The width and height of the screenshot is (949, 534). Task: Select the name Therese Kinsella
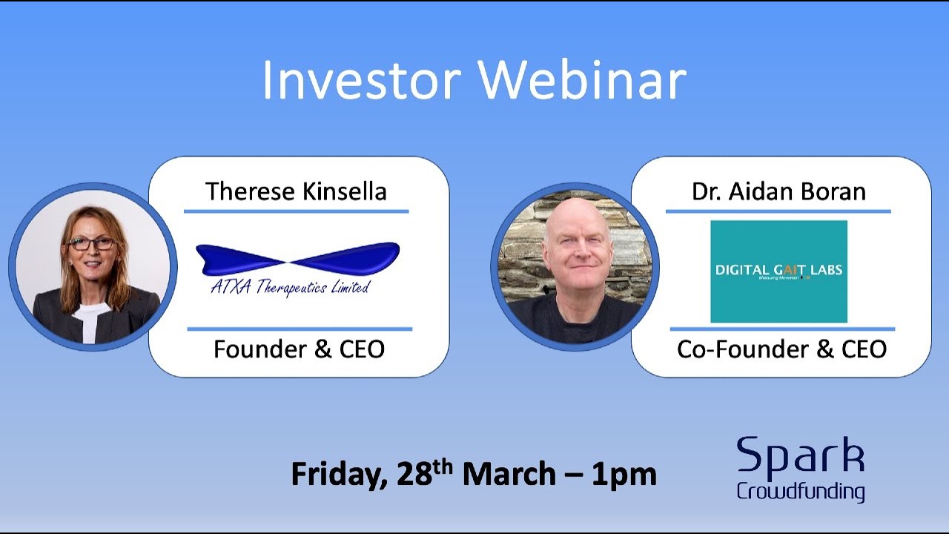tap(296, 191)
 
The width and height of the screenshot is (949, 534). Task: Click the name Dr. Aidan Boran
tap(778, 191)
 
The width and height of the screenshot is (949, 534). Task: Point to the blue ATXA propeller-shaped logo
tap(297, 260)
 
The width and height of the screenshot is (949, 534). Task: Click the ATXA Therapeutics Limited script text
tap(290, 288)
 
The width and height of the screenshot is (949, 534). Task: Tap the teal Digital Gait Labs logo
tap(778, 271)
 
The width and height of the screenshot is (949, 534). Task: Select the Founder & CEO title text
tap(299, 349)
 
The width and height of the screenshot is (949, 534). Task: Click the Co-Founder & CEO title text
tap(781, 349)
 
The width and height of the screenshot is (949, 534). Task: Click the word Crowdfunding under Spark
tap(800, 491)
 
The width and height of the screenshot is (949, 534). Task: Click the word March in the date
tap(508, 475)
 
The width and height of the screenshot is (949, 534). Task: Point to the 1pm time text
tap(624, 475)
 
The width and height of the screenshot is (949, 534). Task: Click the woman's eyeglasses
tap(92, 243)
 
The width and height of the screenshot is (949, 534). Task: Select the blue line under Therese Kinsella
tap(296, 211)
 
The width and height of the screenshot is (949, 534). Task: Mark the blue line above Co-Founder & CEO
tap(781, 329)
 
